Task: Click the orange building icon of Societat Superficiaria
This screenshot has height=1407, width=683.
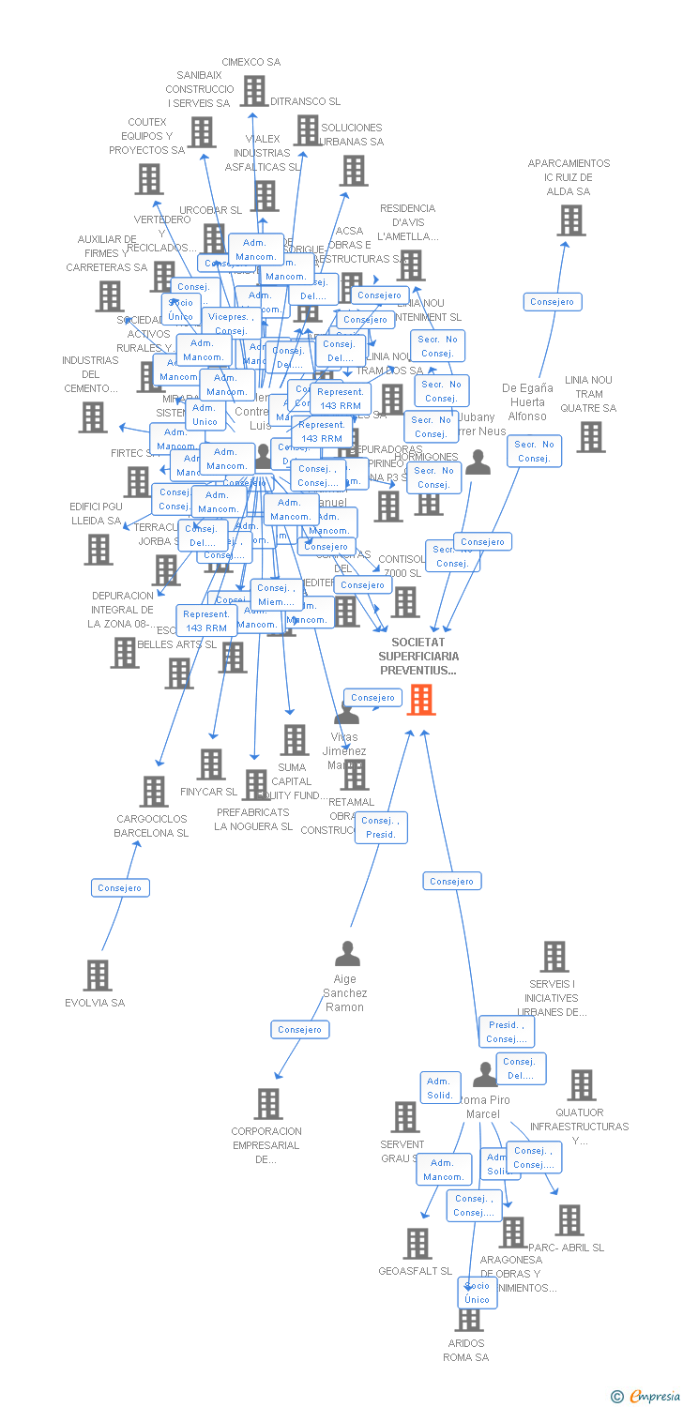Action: click(x=421, y=699)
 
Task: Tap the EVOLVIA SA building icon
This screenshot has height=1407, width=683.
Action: click(x=98, y=976)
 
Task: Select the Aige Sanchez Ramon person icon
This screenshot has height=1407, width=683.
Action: click(x=347, y=954)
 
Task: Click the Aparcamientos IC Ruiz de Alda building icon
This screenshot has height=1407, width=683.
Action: click(x=570, y=220)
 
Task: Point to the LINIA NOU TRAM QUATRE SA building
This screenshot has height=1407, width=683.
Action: click(x=590, y=436)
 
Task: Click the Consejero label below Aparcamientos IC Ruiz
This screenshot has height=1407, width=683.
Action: click(x=553, y=302)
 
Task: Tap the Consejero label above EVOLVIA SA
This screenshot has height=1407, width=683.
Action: click(x=120, y=887)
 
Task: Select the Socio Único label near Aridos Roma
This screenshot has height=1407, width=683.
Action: click(x=478, y=1292)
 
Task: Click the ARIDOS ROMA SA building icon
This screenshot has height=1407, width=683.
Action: click(x=468, y=1318)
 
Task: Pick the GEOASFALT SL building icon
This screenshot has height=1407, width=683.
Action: click(x=417, y=1243)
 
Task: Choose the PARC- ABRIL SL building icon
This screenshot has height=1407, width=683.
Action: click(x=569, y=1219)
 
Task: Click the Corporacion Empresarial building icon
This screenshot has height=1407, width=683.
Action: click(x=268, y=1103)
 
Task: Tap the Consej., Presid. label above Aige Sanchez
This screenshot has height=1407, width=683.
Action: click(x=381, y=827)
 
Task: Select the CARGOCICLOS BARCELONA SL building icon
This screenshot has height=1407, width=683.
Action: click(x=154, y=791)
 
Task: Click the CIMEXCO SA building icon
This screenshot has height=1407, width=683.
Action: click(x=253, y=90)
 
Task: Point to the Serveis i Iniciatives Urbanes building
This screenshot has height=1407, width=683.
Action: click(x=554, y=957)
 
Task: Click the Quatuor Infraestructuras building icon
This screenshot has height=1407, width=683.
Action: click(x=581, y=1085)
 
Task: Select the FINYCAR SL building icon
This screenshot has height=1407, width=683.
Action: click(x=211, y=764)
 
